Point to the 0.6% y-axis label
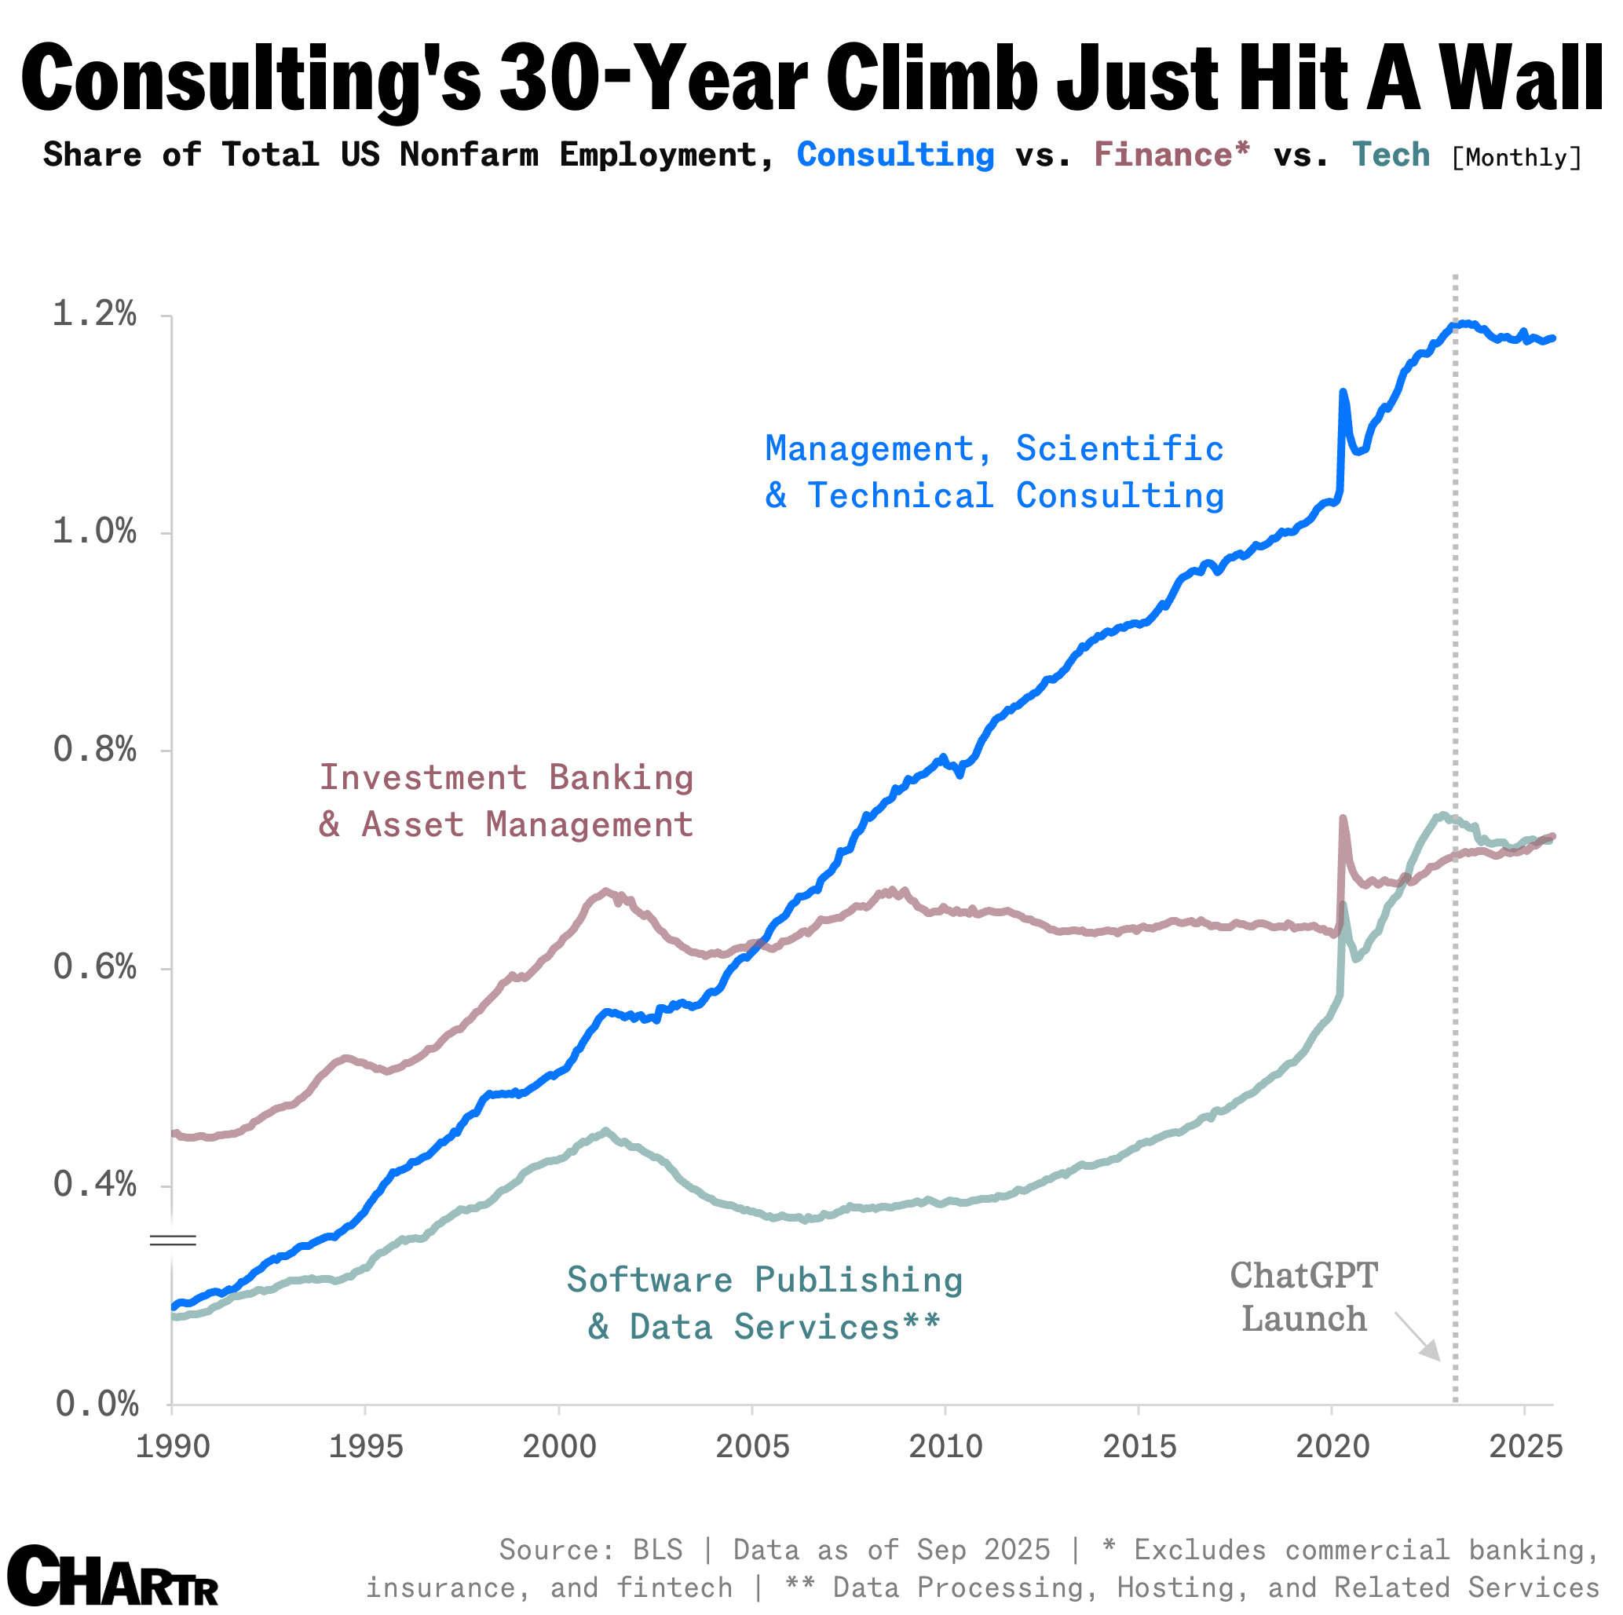coord(94,966)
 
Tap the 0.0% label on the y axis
coord(96,1403)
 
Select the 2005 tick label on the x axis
coord(752,1447)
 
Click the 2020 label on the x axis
coord(1332,1447)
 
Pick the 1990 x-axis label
coord(172,1447)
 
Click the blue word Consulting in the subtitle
coord(895,155)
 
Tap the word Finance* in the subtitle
coord(1172,155)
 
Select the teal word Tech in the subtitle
coord(1391,155)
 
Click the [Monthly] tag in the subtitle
coord(1516,158)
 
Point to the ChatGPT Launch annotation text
coord(1303,1297)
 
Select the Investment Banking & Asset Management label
coord(506,801)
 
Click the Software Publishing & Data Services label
coord(765,1303)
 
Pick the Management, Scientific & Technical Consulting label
coord(995,472)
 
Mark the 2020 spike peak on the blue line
coord(1343,393)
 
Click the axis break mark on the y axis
coord(173,1240)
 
